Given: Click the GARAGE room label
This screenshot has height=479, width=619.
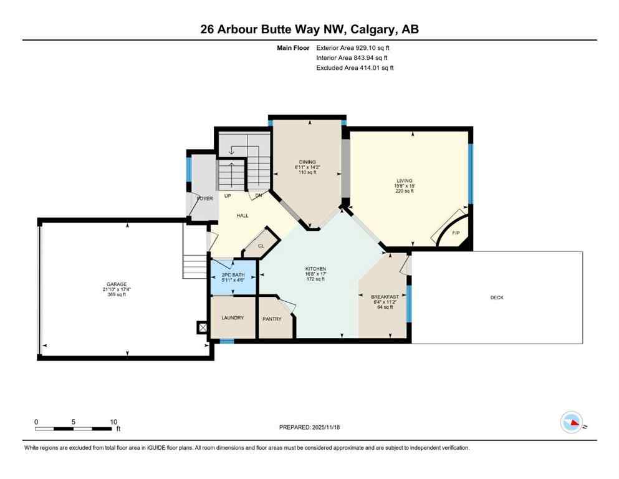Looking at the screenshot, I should click(x=116, y=284).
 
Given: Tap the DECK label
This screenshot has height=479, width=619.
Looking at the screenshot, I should click(x=497, y=298).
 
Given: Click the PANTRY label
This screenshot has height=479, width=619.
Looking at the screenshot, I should click(x=272, y=319).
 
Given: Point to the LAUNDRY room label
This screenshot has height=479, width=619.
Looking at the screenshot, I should click(x=233, y=317).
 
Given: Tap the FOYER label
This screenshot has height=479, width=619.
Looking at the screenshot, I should click(x=204, y=198).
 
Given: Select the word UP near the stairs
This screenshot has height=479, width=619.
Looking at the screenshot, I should click(x=228, y=196).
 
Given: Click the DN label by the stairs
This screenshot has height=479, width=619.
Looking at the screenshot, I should click(x=258, y=196).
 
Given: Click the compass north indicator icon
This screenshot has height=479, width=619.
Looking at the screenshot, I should click(x=572, y=423).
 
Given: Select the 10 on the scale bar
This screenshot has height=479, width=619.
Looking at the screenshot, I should click(x=113, y=422).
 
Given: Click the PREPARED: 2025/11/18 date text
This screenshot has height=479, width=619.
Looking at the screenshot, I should click(x=310, y=427).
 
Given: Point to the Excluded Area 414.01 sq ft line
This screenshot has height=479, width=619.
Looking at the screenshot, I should click(x=355, y=67).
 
